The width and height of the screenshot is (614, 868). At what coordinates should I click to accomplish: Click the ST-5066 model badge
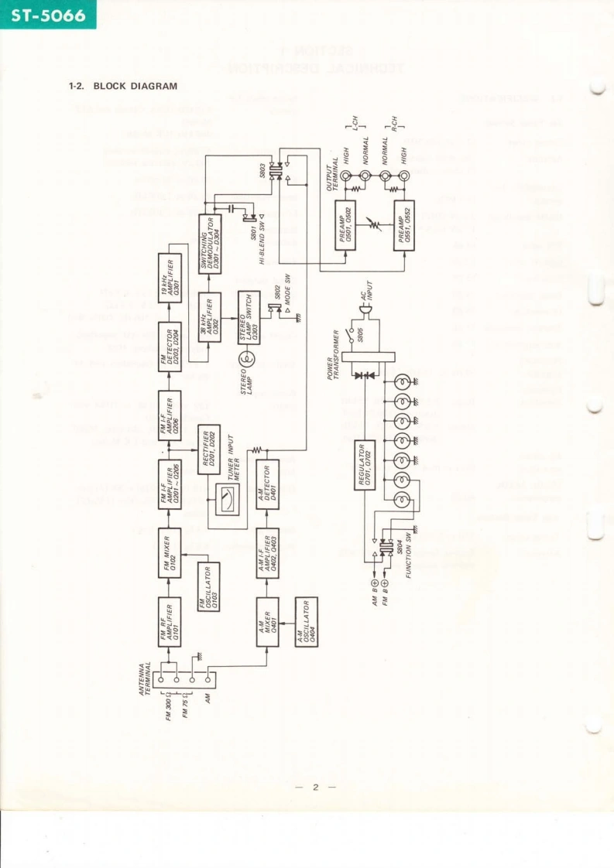tap(47, 15)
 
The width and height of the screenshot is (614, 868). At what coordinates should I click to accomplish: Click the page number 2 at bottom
tap(315, 788)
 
